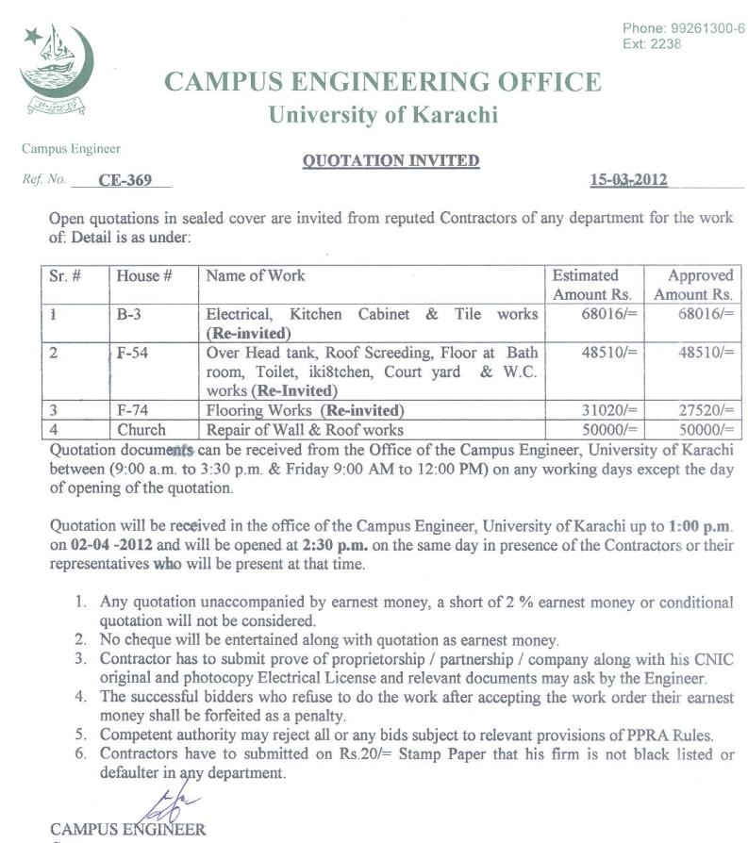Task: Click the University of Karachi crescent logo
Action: tap(56, 71)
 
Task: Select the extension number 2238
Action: tap(666, 44)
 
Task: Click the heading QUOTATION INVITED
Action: tap(391, 160)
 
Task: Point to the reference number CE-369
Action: tap(125, 180)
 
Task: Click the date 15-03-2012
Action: tap(628, 179)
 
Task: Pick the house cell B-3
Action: tap(129, 314)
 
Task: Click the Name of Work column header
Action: tap(256, 276)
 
